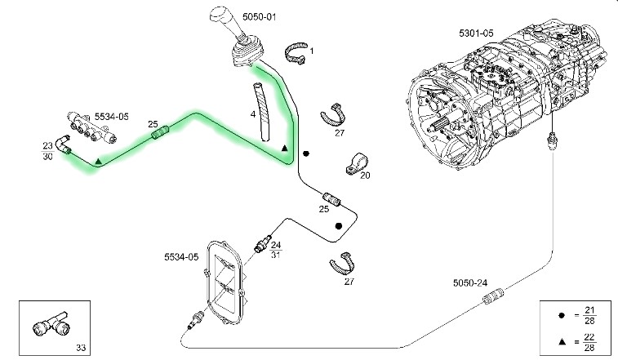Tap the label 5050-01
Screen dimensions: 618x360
(x=260, y=17)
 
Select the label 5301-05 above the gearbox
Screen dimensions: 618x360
(x=476, y=33)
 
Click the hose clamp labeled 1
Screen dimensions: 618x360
(x=296, y=53)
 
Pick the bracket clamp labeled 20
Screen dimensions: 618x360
(x=356, y=163)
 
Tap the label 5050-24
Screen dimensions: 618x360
(x=469, y=282)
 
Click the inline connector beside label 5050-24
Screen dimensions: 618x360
(x=494, y=296)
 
